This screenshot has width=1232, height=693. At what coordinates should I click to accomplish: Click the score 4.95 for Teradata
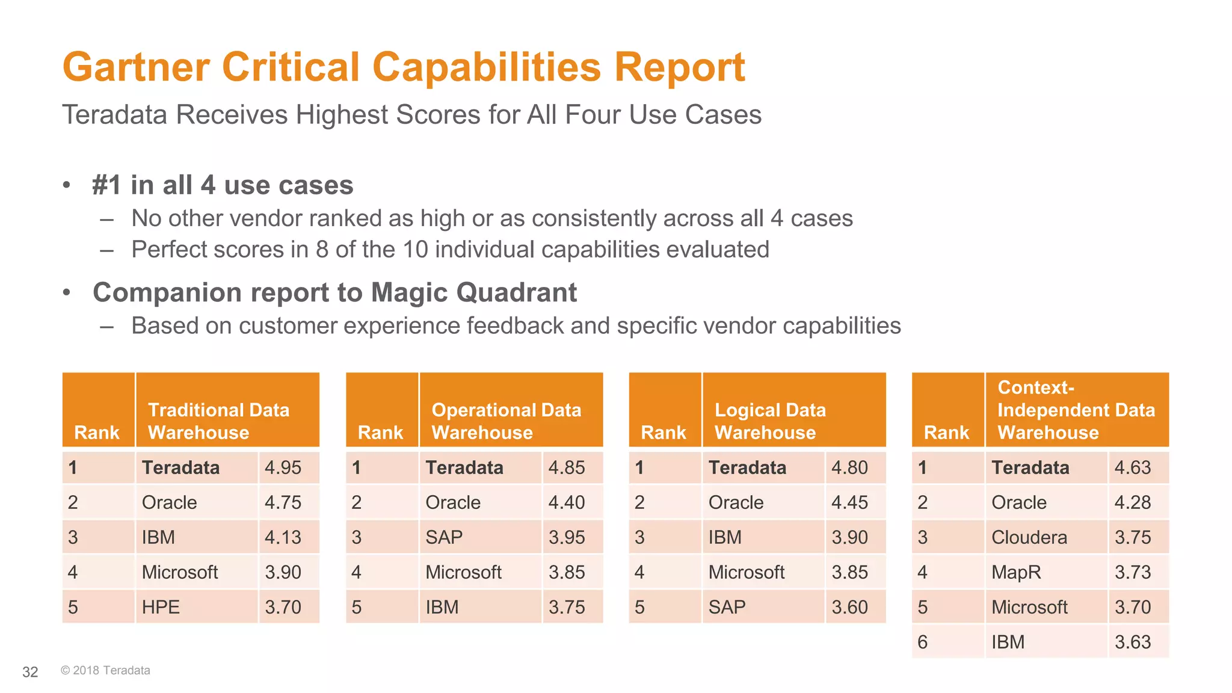283,467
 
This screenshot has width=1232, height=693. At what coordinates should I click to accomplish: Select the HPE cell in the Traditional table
161,607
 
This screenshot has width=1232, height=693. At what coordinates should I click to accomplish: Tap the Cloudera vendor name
1029,537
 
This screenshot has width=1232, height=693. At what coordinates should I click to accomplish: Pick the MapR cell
1015,572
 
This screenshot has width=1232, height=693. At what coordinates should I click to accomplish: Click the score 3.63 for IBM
1132,642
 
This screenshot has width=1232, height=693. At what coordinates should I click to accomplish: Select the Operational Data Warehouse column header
506,421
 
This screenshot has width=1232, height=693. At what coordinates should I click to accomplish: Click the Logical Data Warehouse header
770,421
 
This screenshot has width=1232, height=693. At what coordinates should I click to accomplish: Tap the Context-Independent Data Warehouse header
1076,410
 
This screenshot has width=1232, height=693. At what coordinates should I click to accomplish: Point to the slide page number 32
30,672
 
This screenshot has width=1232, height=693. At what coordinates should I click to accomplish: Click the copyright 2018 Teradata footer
105,670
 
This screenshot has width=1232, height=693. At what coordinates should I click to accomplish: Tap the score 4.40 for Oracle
566,502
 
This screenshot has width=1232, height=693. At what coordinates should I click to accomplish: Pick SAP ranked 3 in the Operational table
444,537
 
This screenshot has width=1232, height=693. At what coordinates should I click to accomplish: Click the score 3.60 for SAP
849,607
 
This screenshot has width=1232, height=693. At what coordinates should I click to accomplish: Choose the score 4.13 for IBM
283,537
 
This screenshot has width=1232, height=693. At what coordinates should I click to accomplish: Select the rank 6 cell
923,642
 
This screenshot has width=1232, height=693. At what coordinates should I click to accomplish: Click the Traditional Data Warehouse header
218,421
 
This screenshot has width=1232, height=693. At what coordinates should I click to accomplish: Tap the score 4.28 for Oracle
1132,502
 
